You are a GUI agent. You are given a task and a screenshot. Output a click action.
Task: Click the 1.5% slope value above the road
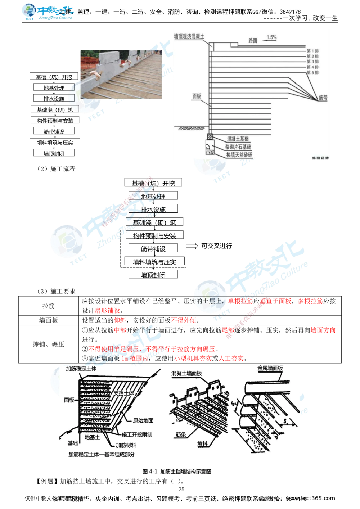coord(271,37)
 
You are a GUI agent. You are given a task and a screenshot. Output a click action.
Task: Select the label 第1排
coord(312,51)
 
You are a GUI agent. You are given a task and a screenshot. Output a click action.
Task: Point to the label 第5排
coord(312,72)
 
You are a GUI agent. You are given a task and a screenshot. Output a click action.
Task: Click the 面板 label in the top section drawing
coord(197,96)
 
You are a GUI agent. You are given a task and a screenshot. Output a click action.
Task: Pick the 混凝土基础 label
coord(238,139)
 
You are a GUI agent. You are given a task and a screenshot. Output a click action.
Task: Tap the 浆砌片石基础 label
coord(238,147)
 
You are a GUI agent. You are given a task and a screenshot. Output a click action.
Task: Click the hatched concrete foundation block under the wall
coord(210,137)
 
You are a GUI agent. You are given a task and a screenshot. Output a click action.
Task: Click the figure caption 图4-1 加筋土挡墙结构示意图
coord(176,471)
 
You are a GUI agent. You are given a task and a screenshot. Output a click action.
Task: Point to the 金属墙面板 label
coord(270,368)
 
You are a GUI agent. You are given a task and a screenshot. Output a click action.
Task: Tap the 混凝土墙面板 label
coord(186,373)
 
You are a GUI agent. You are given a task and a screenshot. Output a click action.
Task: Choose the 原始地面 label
coord(143,420)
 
